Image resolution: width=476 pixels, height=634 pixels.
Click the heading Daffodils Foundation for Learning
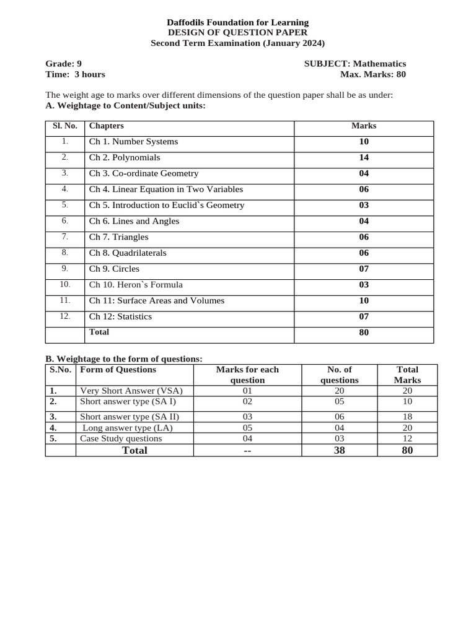(x=237, y=22)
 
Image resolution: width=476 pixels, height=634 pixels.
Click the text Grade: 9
(x=63, y=64)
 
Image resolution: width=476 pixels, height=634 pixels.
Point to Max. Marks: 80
(x=373, y=74)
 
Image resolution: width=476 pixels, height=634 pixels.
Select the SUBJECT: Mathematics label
(x=355, y=64)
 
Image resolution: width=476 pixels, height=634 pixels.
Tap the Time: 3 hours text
(x=75, y=74)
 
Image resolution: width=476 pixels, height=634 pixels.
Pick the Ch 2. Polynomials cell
(x=125, y=157)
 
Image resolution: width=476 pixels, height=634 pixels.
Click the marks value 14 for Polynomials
(x=364, y=157)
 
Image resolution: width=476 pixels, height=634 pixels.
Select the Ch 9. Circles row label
(x=114, y=269)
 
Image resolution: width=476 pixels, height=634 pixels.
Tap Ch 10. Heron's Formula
(x=136, y=285)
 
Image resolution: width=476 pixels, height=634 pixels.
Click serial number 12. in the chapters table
(x=65, y=316)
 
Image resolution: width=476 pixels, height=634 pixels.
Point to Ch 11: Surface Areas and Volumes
(x=157, y=300)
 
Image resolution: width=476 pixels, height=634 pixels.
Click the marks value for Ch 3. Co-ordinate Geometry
(x=364, y=173)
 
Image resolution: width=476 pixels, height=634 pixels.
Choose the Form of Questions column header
(x=118, y=370)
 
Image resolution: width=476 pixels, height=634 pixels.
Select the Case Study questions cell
(x=121, y=438)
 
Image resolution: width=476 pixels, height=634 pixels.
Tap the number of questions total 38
(x=339, y=450)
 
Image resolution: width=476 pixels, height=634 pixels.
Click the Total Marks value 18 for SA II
(x=407, y=417)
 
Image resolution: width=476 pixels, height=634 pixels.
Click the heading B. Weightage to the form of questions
(x=124, y=359)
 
